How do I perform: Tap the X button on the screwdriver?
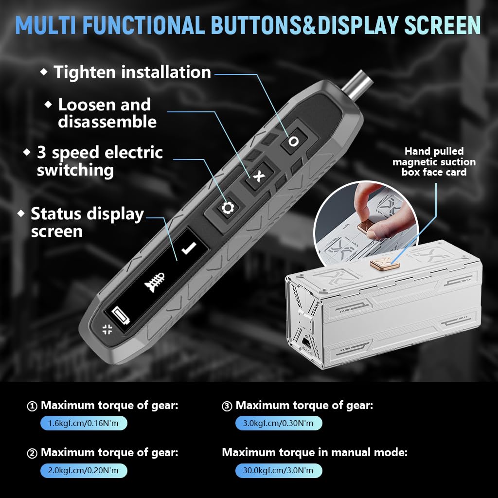[258, 176]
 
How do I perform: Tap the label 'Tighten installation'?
[132, 72]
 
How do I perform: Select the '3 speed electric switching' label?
[99, 161]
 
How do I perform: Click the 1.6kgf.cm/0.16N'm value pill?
[83, 423]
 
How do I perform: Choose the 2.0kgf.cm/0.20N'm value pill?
[83, 470]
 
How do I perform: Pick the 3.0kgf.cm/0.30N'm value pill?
[278, 423]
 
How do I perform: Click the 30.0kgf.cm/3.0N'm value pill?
[278, 470]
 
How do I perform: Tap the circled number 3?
[227, 406]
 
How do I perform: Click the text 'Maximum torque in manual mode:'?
[314, 452]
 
